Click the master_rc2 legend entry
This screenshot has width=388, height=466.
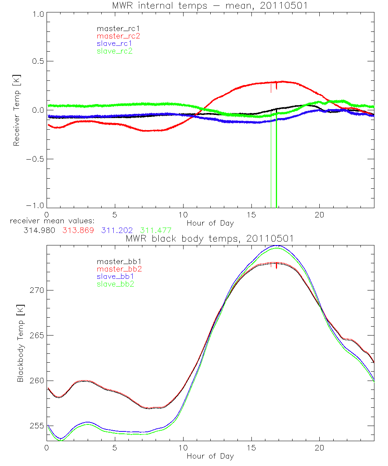pos(118,36)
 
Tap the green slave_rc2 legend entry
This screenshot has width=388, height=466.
pos(115,51)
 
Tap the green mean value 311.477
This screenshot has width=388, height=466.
pos(156,230)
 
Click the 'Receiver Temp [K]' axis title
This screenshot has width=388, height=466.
pos(16,110)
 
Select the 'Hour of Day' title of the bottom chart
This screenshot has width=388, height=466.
pos(210,456)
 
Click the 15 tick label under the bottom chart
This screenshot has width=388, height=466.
pos(251,448)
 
